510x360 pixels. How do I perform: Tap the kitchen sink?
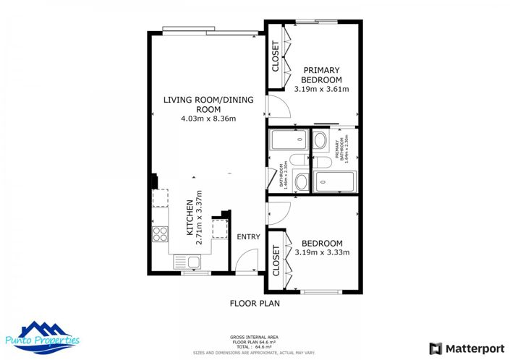pyautogui.click(x=192, y=262)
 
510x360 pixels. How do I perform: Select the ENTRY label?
pyautogui.click(x=248, y=237)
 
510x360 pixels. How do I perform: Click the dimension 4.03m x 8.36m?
pyautogui.click(x=208, y=119)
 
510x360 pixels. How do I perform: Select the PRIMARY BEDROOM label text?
pyautogui.click(x=322, y=74)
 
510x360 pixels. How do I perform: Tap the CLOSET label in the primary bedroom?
pyautogui.click(x=276, y=56)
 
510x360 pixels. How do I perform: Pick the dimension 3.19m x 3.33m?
pyautogui.click(x=322, y=252)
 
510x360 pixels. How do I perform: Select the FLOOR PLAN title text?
pyautogui.click(x=255, y=304)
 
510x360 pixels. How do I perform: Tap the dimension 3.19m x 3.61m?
pyautogui.click(x=322, y=90)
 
